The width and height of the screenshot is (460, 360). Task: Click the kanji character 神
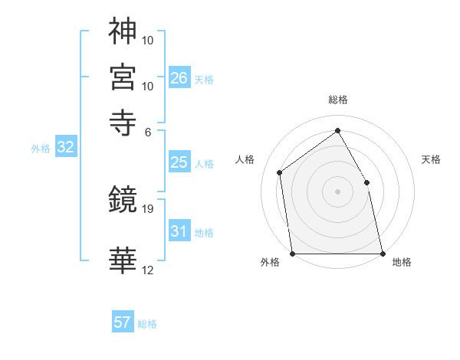point(123,31)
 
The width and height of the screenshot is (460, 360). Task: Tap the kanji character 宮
point(123,77)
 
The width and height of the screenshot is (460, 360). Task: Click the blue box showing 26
point(179,78)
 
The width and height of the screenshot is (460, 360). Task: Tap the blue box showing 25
point(179,162)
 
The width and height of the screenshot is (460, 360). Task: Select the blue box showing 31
point(179,231)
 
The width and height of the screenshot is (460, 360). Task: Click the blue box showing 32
point(65,148)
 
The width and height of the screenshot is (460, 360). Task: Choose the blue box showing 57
point(123,322)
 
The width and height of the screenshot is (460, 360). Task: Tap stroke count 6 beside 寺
point(148,131)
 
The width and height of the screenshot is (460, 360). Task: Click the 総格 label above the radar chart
point(337,100)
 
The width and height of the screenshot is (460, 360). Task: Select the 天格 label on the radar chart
point(431,159)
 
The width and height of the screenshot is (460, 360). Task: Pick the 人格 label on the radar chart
point(245,159)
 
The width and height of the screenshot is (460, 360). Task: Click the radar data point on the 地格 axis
point(382,253)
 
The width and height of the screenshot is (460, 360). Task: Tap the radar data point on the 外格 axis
point(293,253)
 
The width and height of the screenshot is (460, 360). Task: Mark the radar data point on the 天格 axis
point(366,182)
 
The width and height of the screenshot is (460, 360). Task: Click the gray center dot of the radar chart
point(337,191)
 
